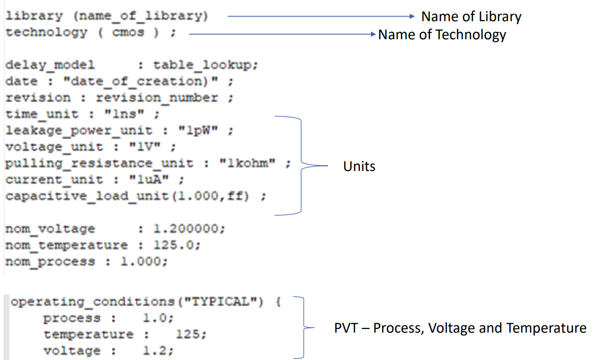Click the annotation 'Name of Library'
tap(471, 17)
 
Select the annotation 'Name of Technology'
tap(442, 35)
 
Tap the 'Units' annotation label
tap(359, 166)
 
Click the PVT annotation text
tap(460, 328)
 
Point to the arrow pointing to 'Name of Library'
tap(321, 17)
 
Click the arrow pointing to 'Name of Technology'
tap(281, 35)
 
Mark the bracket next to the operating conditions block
tap(302, 327)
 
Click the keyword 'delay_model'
tap(50, 65)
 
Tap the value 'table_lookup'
tap(205, 65)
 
